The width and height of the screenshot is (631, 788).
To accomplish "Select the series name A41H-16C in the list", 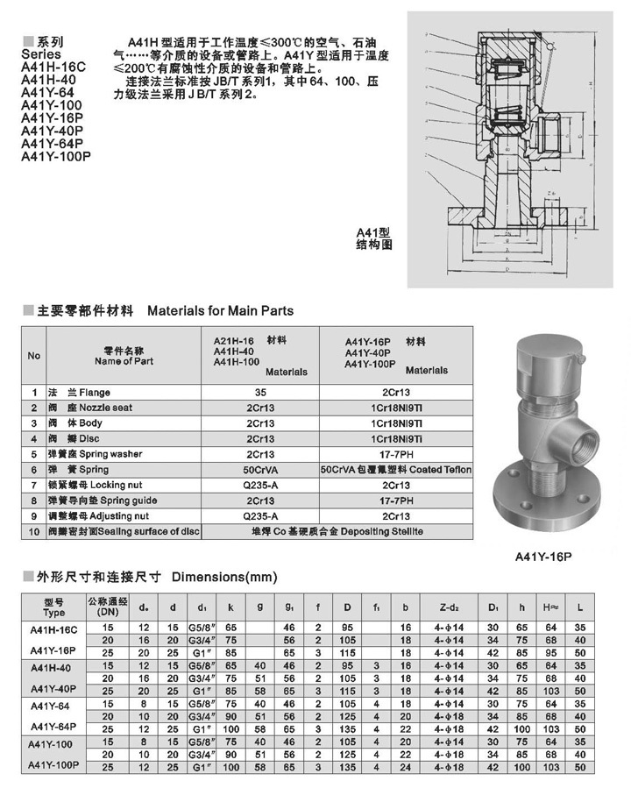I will [53, 66].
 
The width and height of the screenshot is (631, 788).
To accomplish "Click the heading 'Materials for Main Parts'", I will [220, 310].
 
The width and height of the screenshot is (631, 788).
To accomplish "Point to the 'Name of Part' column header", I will [124, 361].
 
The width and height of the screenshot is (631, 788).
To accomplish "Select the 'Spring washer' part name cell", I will [110, 454].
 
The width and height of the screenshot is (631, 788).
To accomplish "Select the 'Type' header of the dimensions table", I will [53, 613].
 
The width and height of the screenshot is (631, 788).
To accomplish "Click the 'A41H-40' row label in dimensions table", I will [53, 668].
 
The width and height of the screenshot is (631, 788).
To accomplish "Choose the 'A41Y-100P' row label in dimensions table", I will [54, 765].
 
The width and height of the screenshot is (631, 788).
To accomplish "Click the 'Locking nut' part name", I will [109, 486].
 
